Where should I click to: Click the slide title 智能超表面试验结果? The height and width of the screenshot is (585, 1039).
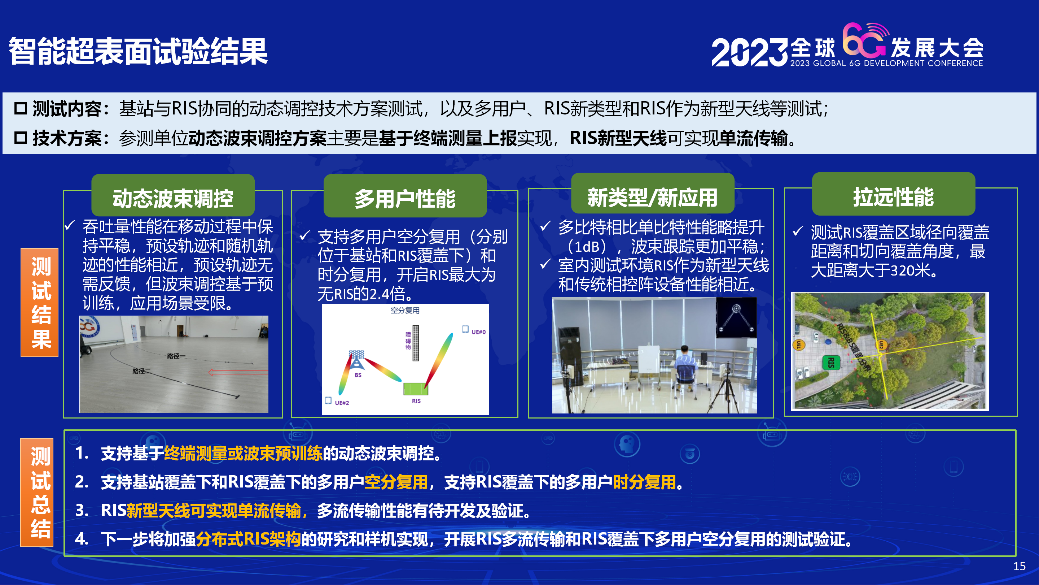tap(138, 51)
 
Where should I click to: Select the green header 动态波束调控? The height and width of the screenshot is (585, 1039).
tap(173, 198)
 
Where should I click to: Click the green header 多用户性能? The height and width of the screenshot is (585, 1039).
tap(405, 198)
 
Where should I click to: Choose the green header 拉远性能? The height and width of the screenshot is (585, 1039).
tap(893, 196)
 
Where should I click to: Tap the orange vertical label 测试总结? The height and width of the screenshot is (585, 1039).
tap(37, 492)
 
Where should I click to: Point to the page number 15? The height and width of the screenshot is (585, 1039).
tap(1019, 566)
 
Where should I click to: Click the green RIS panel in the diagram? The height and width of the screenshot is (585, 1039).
tap(416, 389)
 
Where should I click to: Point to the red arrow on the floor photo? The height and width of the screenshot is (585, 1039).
tap(238, 372)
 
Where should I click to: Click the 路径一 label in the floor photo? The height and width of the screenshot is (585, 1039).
tap(176, 356)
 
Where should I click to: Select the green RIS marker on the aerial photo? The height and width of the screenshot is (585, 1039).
tap(831, 362)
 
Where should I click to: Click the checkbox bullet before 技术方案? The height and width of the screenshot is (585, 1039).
tap(21, 138)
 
